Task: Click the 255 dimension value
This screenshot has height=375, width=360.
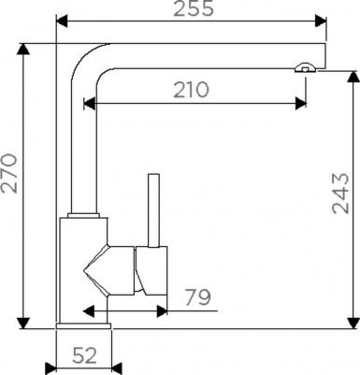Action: point(194,8)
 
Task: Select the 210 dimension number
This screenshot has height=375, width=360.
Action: point(191,90)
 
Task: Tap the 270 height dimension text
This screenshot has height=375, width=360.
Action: point(8,173)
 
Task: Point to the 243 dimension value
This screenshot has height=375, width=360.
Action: point(340,194)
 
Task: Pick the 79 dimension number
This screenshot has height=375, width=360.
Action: point(198,297)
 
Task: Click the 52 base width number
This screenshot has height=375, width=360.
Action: point(84,355)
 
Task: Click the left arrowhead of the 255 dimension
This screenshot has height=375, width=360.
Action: point(62,22)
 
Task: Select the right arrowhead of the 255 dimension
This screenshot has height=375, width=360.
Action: point(321,22)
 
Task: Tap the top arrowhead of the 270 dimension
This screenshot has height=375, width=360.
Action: point(23,49)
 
